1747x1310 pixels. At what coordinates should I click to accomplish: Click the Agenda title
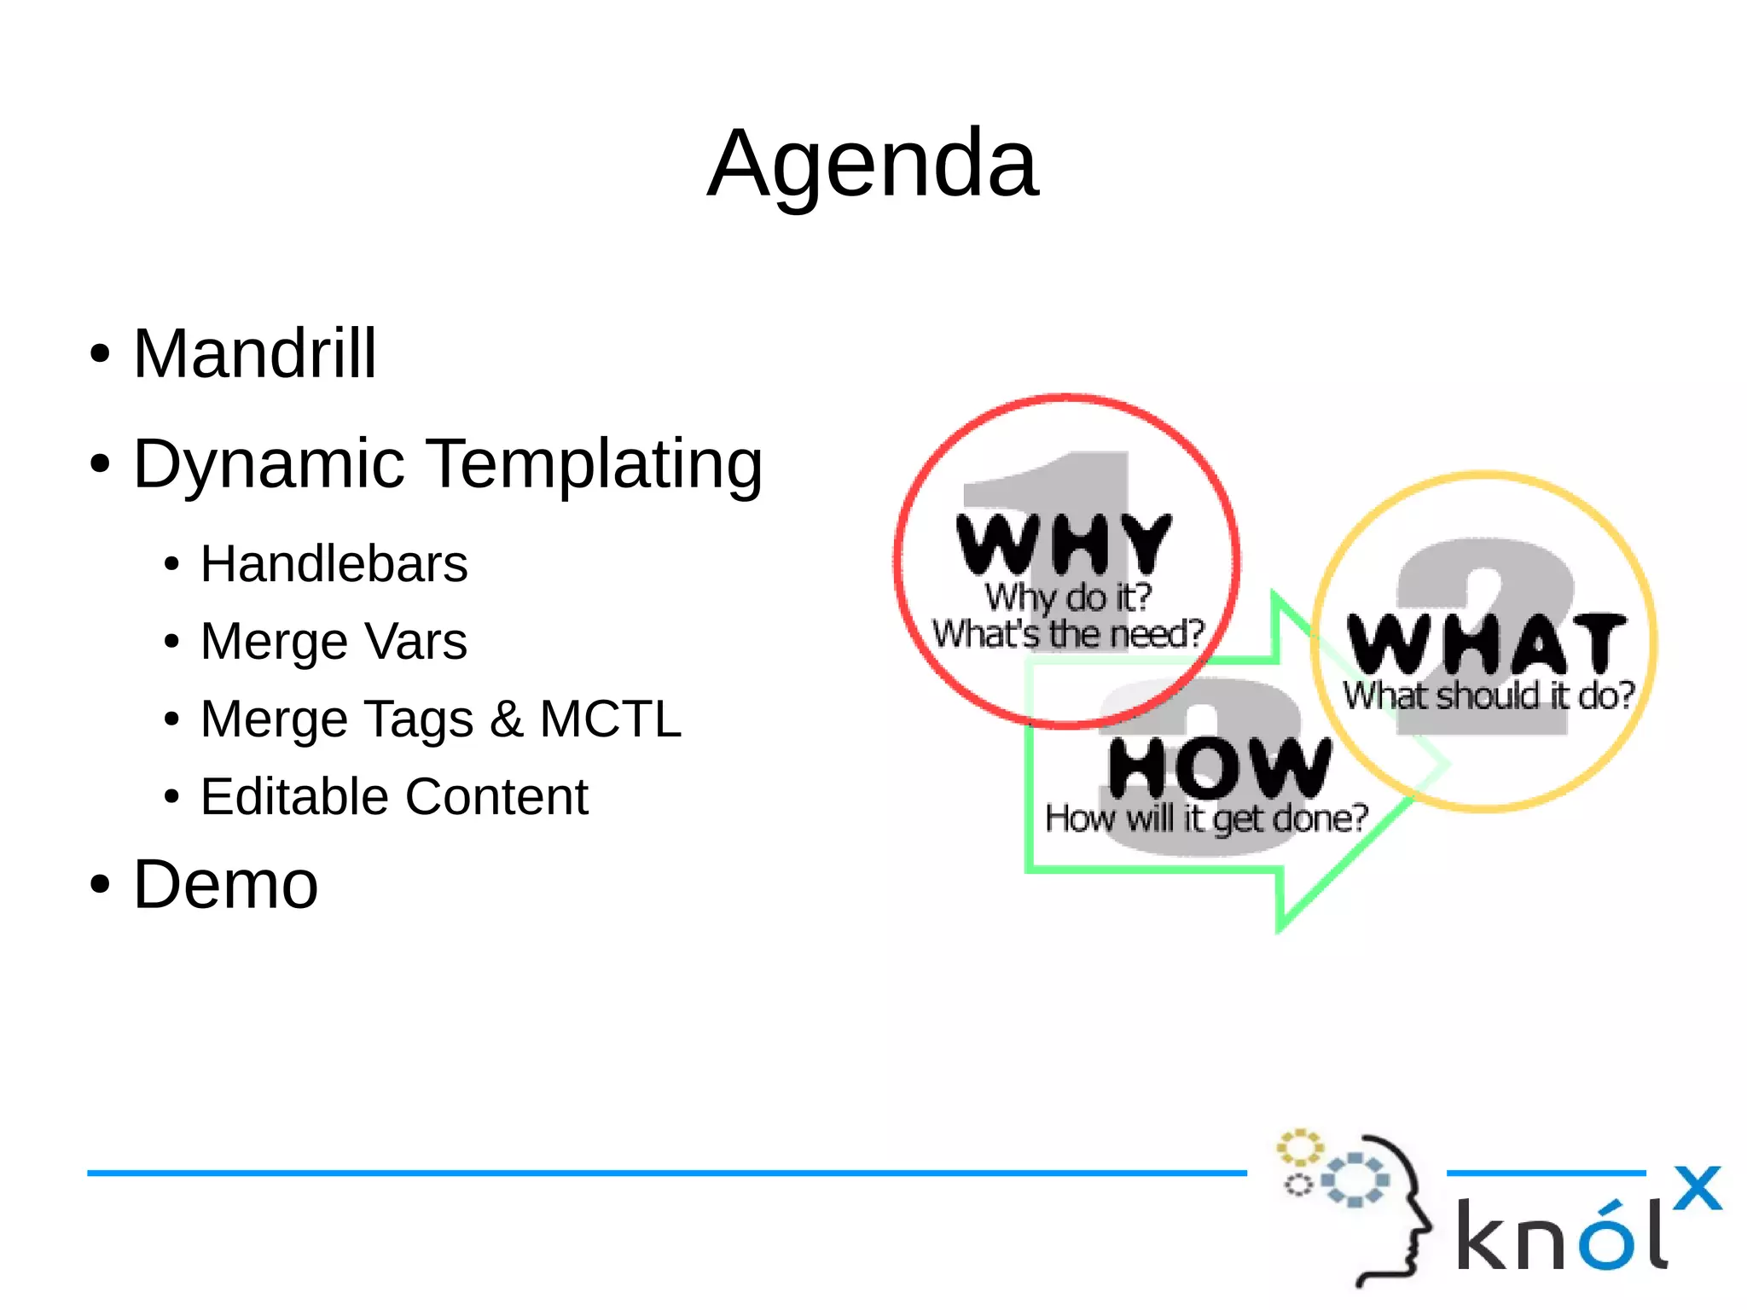[873, 164]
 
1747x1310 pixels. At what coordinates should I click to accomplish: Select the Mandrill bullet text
[254, 354]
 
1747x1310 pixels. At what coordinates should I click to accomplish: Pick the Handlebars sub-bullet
[334, 564]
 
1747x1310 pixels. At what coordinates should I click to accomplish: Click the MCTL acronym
[610, 719]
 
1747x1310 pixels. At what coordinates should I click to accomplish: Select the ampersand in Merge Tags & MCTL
[506, 719]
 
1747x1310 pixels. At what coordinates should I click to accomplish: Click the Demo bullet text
[226, 885]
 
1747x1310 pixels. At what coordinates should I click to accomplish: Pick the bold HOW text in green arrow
[1219, 766]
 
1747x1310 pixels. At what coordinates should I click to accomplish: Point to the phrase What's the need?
[1067, 634]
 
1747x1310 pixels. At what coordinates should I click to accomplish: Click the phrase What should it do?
[1489, 696]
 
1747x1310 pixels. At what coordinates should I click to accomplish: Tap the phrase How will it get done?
[1206, 818]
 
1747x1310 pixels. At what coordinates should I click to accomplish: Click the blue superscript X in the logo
[1697, 1187]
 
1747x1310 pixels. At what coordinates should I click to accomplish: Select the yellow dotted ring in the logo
[1299, 1147]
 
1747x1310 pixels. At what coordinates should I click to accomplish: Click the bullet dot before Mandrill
[101, 354]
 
